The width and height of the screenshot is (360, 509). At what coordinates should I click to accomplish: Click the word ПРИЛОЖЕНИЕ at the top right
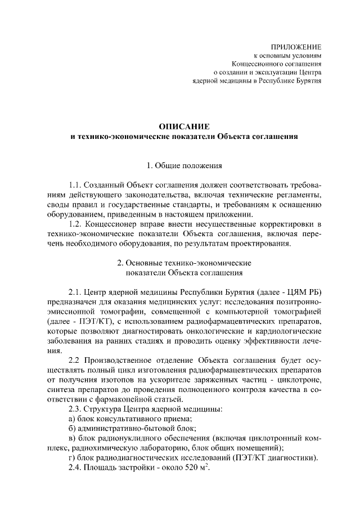[296, 46]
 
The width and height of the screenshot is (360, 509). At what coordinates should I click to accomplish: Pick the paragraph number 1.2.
[75, 224]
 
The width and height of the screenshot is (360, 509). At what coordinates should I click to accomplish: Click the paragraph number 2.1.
[75, 293]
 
